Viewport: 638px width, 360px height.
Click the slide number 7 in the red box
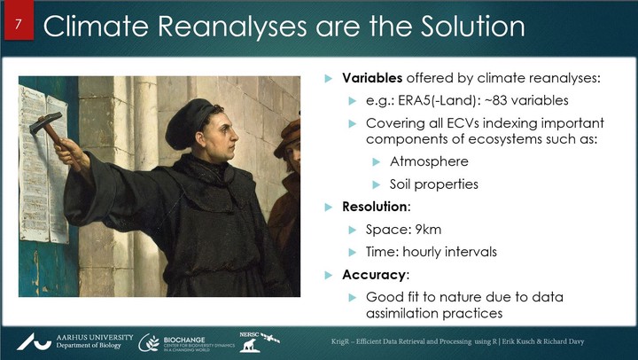[x=18, y=25]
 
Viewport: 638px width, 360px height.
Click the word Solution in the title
[x=473, y=26]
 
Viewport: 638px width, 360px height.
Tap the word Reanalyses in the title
[x=232, y=27]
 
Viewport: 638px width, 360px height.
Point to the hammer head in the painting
[x=45, y=123]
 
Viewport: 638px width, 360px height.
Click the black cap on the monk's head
[x=190, y=121]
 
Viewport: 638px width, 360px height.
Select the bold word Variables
[x=372, y=78]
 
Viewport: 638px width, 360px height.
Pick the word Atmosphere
[x=429, y=161]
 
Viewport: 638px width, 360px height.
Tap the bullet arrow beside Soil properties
[x=377, y=185]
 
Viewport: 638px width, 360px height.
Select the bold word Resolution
[x=374, y=207]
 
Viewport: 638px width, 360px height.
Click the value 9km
[x=428, y=230]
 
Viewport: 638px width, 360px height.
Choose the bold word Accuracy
[x=374, y=275]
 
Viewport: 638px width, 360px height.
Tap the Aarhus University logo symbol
[x=34, y=341]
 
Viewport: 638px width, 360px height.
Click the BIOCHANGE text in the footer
[x=184, y=340]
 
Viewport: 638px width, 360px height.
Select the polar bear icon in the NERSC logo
[x=249, y=346]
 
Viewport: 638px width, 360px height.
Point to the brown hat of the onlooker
[x=287, y=138]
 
